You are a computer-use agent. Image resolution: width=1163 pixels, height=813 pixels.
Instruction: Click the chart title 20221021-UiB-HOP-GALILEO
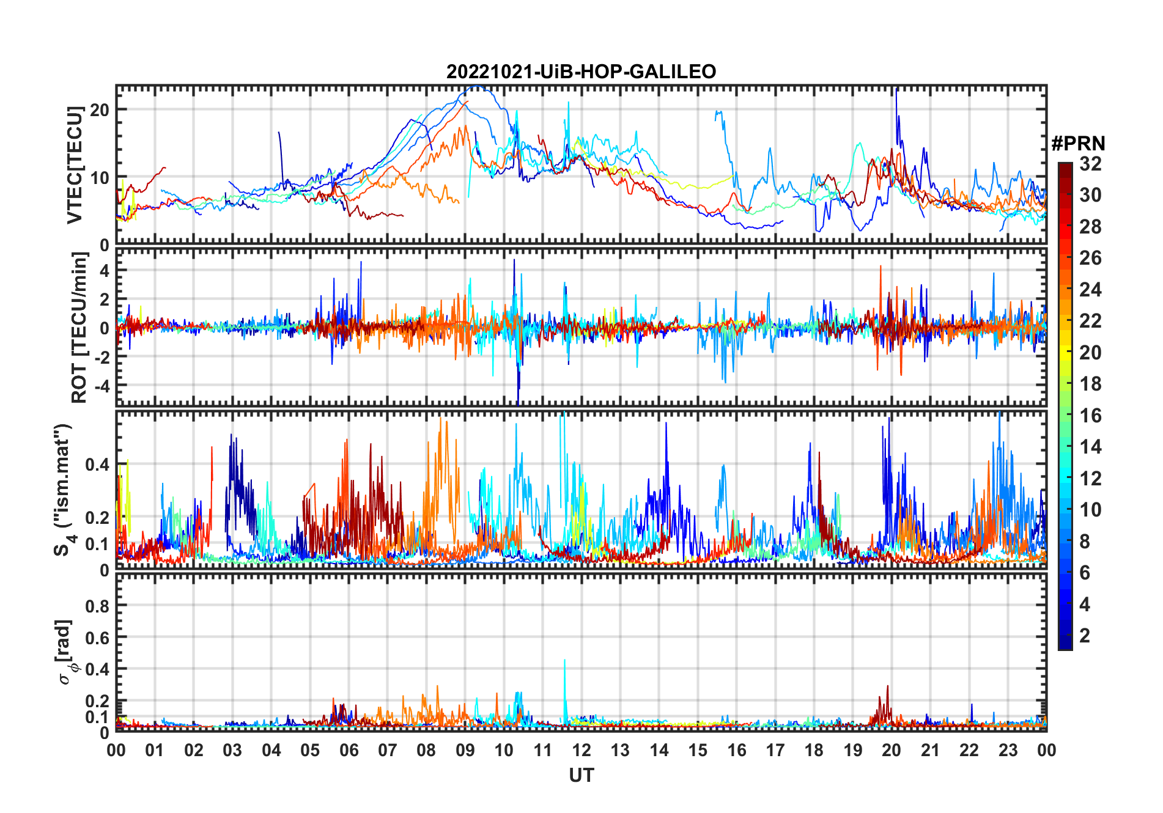pyautogui.click(x=581, y=72)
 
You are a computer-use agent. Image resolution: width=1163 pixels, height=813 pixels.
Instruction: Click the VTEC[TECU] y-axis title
pyautogui.click(x=75, y=165)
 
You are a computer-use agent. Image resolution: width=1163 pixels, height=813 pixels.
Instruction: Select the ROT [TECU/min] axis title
pyautogui.click(x=79, y=327)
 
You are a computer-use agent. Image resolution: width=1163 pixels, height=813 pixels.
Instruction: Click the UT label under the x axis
pyautogui.click(x=581, y=775)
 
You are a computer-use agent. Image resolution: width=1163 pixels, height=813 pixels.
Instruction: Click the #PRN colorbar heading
pyautogui.click(x=1078, y=144)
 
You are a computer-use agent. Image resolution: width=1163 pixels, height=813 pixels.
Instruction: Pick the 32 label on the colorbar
pyautogui.click(x=1090, y=164)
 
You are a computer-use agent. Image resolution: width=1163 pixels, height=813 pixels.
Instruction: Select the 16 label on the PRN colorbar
pyautogui.click(x=1090, y=416)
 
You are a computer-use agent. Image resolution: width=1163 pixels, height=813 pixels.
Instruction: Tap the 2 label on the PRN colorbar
pyautogui.click(x=1085, y=636)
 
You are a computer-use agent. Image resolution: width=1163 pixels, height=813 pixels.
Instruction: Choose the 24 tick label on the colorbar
pyautogui.click(x=1090, y=290)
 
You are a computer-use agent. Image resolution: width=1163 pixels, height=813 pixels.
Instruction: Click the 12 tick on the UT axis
pyautogui.click(x=581, y=750)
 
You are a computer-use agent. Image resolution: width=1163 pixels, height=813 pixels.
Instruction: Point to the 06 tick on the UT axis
pyautogui.click(x=349, y=750)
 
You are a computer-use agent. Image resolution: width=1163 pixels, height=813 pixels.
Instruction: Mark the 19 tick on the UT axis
pyautogui.click(x=852, y=750)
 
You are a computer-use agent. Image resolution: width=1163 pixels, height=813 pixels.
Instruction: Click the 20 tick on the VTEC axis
pyautogui.click(x=100, y=110)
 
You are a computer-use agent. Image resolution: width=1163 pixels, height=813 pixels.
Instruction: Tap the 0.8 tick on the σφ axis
pyautogui.click(x=97, y=606)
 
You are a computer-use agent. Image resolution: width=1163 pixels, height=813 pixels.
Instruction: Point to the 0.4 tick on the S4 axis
pyautogui.click(x=97, y=465)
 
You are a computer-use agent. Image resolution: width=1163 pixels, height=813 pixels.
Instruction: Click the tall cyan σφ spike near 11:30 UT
pyautogui.click(x=564, y=661)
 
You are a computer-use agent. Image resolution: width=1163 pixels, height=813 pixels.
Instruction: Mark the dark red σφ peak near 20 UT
pyautogui.click(x=887, y=688)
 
